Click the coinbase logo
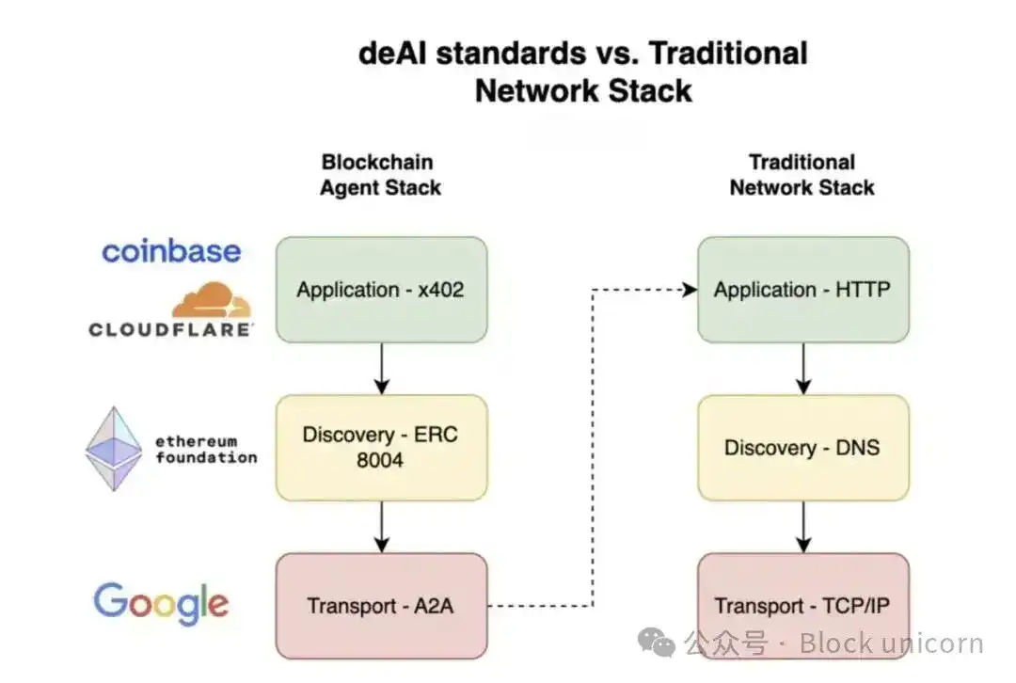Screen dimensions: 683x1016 171,251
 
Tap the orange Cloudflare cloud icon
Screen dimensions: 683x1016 213,300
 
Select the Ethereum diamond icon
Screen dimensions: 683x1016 114,449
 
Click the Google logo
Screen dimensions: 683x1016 161,603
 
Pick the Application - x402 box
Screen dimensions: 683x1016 381,290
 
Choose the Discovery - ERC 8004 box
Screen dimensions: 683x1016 381,448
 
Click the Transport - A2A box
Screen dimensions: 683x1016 381,606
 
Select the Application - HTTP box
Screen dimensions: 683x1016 802,290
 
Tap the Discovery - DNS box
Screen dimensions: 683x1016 802,448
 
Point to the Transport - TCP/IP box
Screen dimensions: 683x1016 802,606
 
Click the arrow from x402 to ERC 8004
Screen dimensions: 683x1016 381,369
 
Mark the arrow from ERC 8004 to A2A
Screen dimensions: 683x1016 381,527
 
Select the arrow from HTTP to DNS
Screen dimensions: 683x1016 802,369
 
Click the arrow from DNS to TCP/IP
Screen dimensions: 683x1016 802,527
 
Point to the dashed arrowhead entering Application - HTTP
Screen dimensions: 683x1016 690,290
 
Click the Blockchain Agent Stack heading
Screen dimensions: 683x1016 380,175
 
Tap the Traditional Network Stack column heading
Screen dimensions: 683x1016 802,175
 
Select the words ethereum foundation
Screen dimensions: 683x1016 206,450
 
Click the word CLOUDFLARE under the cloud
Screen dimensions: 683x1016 170,329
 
